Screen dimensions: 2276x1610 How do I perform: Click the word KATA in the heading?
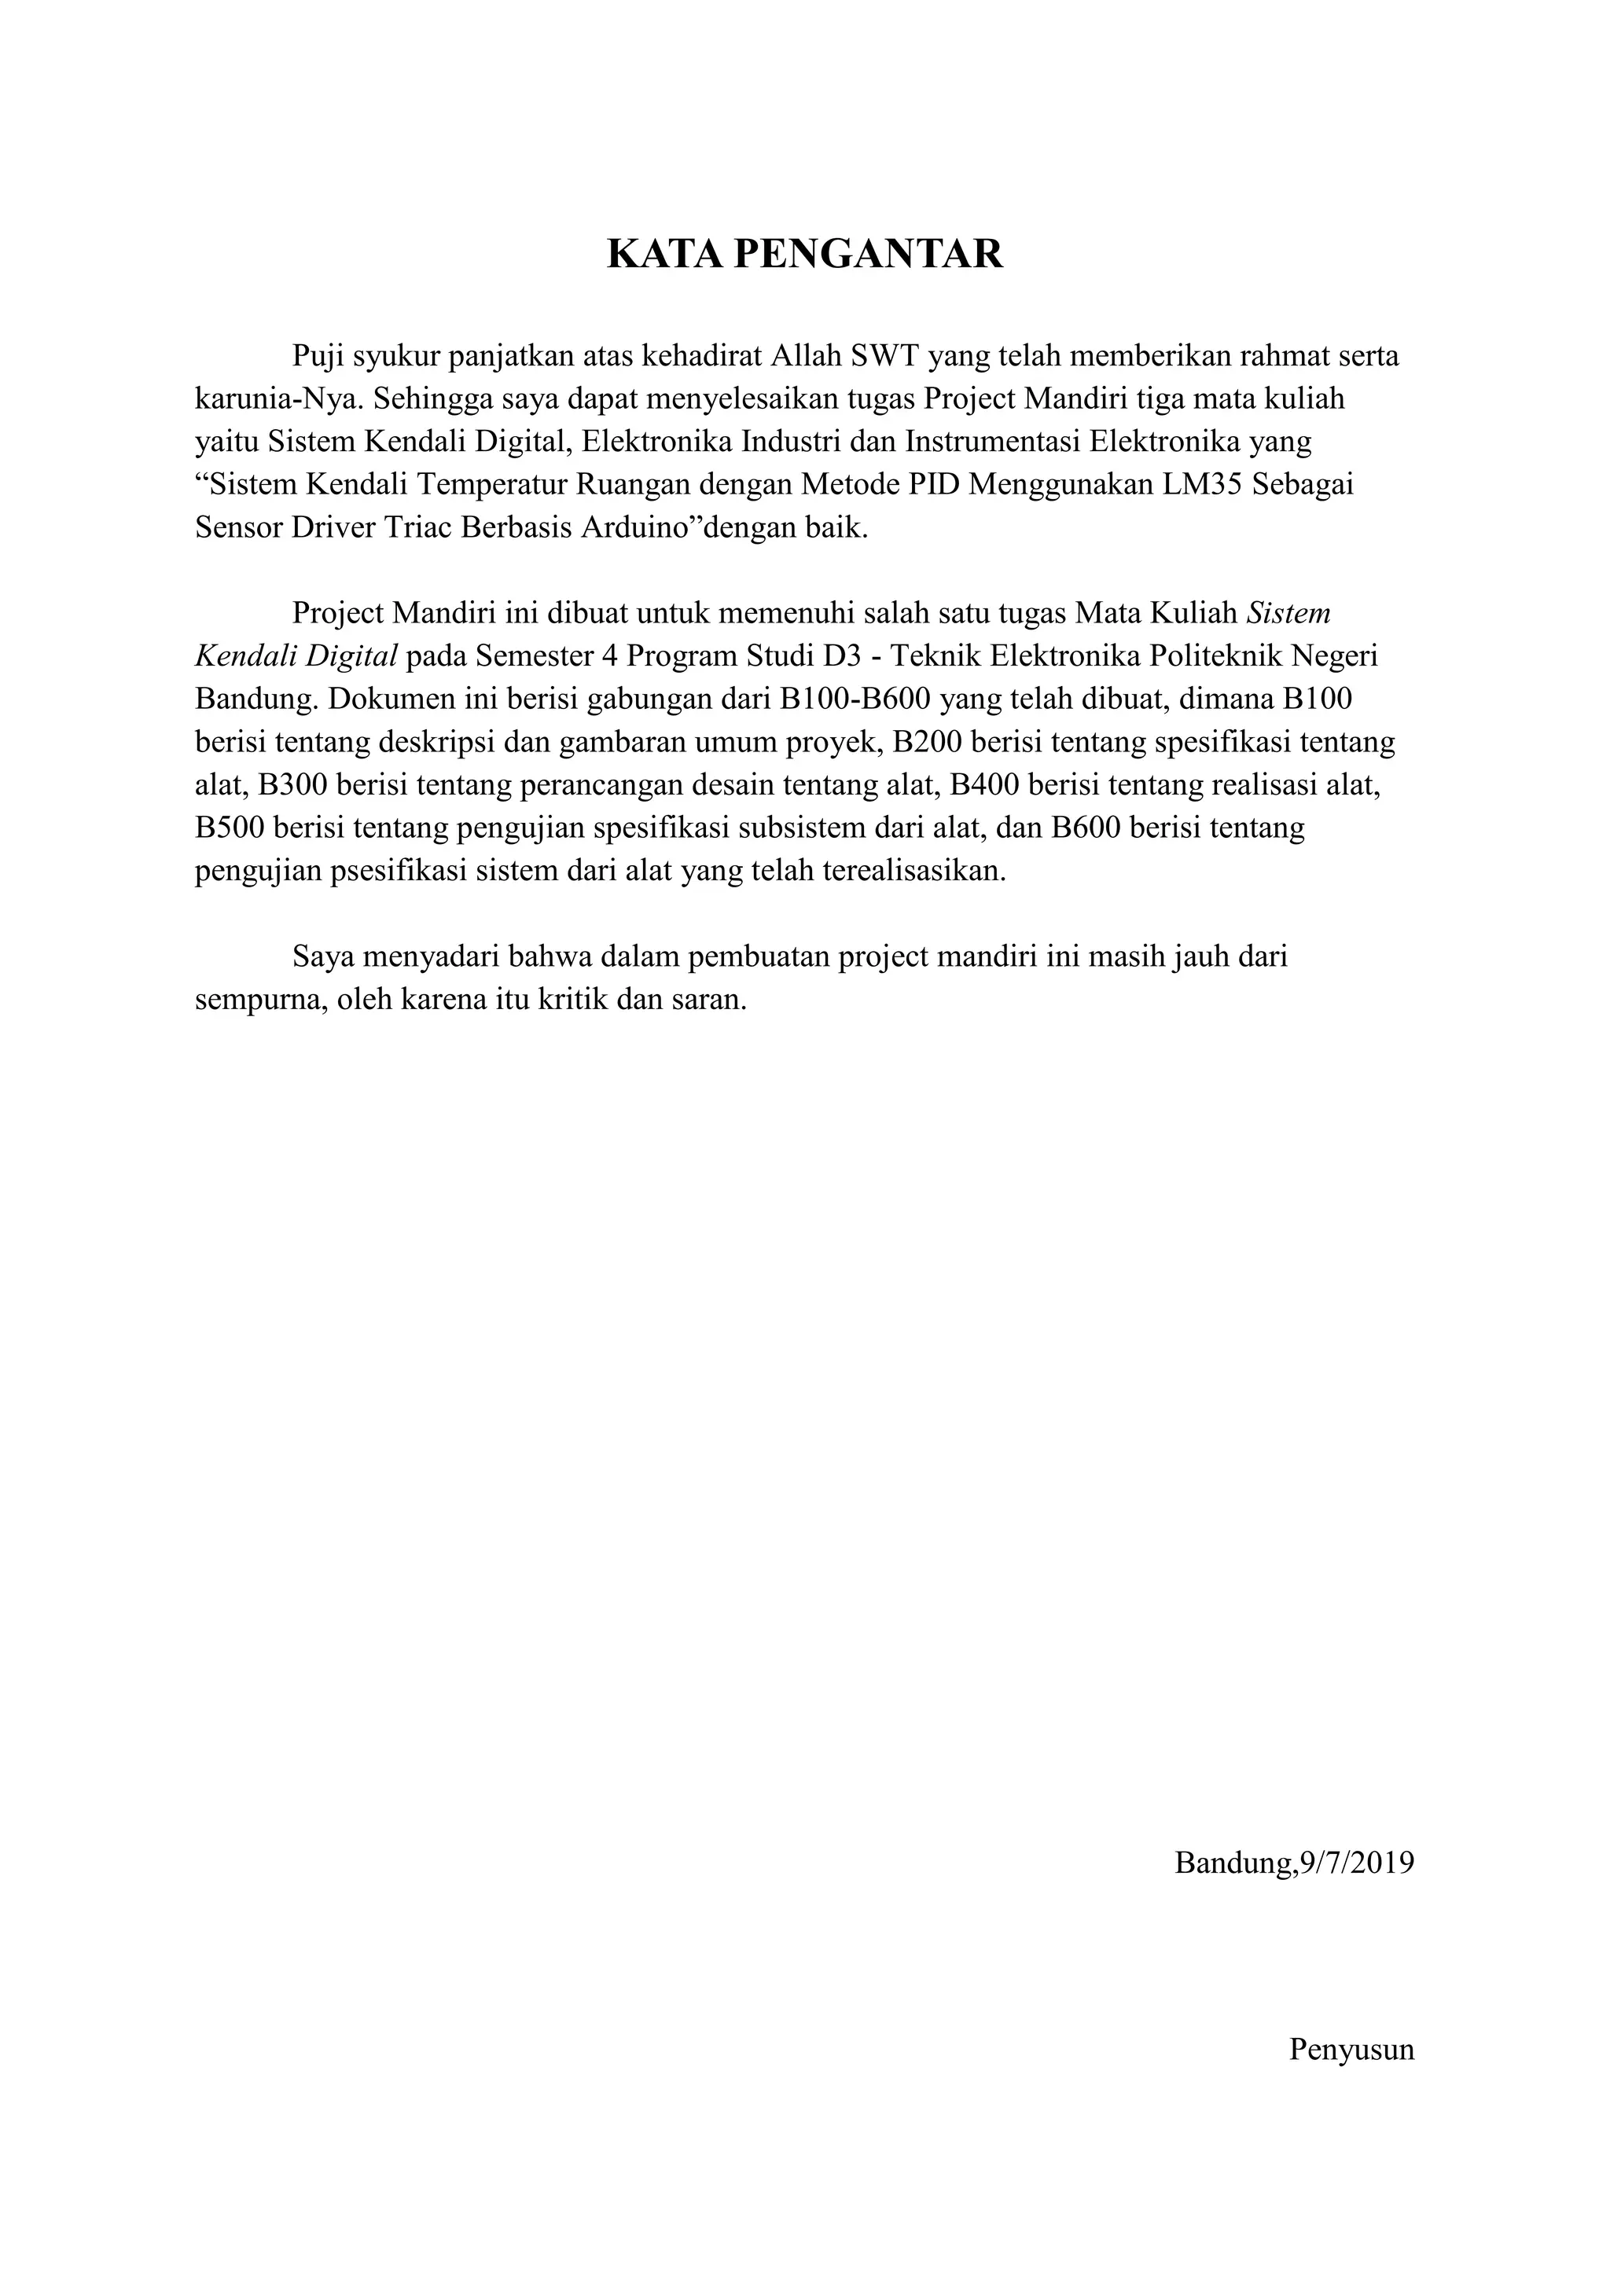[x=664, y=255]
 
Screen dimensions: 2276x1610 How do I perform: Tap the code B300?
[x=293, y=785]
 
